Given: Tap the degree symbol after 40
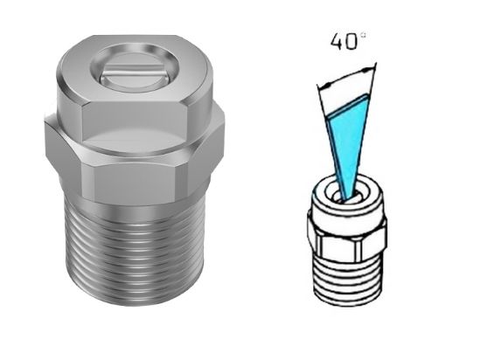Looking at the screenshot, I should coord(361,34).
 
